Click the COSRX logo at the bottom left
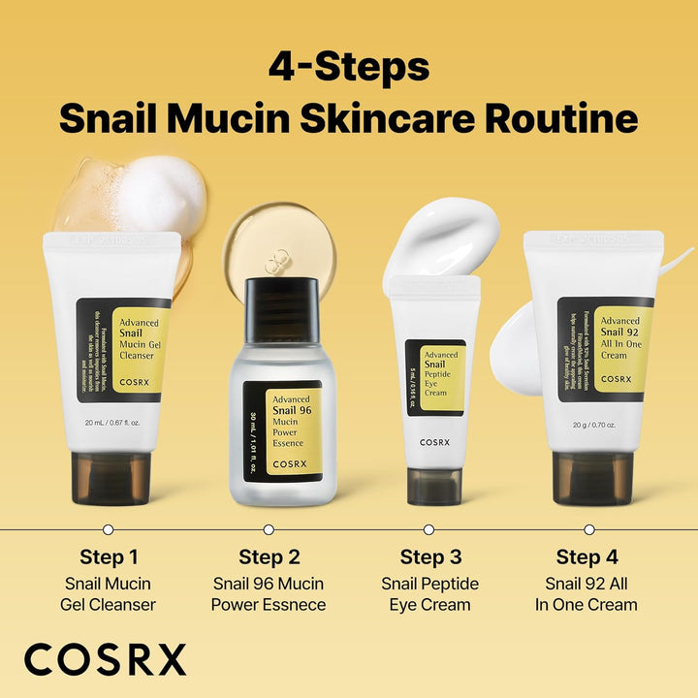tap(105, 659)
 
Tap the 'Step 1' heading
tap(109, 557)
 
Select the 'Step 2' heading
tap(269, 557)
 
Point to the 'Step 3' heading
tap(428, 557)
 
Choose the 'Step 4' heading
tap(587, 557)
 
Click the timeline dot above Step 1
tap(109, 529)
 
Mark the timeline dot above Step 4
tap(588, 529)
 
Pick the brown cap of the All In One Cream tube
tap(592, 478)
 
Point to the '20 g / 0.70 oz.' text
tap(592, 423)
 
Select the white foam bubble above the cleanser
tap(160, 194)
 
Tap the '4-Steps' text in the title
tap(348, 68)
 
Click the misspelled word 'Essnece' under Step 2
tap(291, 605)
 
